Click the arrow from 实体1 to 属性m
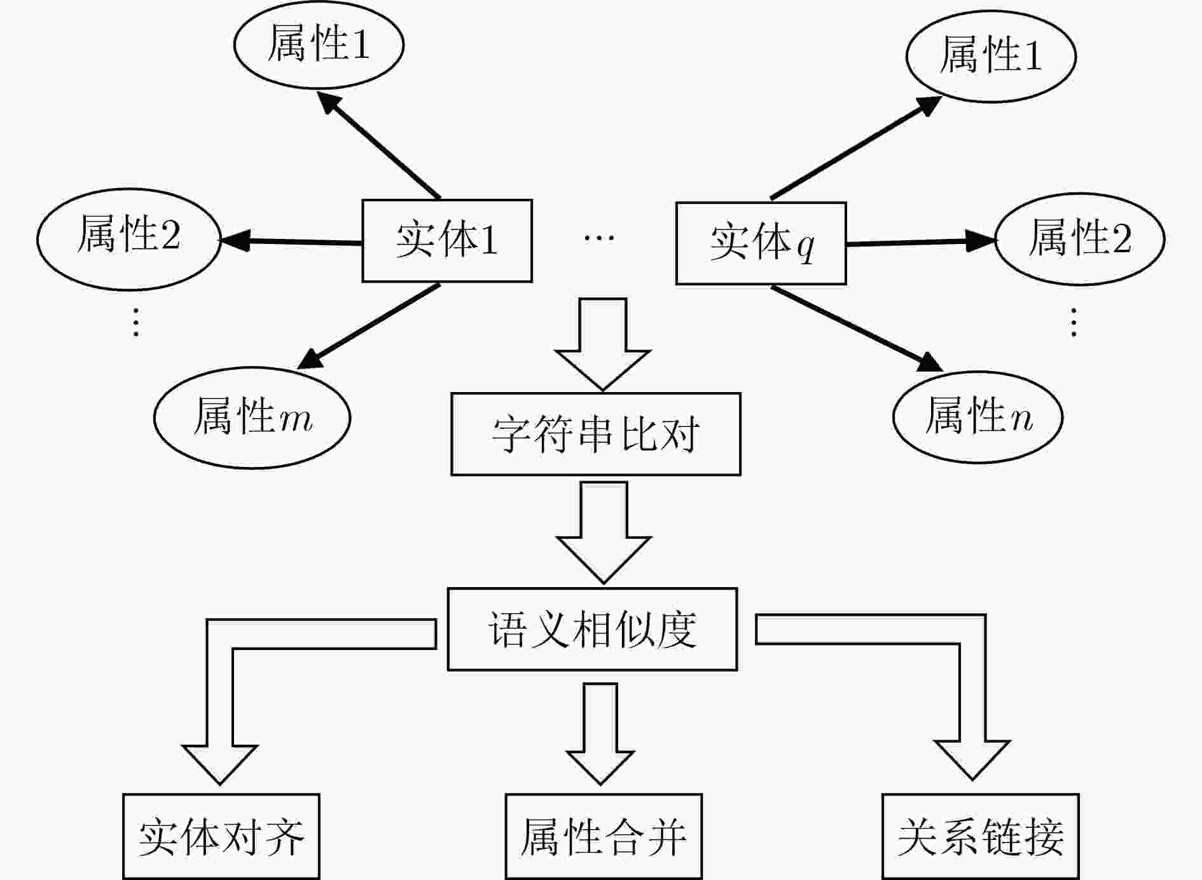pos(368,327)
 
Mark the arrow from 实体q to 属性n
pos(857,328)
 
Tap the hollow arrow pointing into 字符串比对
pos(602,344)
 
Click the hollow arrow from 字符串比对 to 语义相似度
pos(604,532)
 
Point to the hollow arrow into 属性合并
pos(600,734)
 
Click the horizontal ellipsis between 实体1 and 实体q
pos(599,238)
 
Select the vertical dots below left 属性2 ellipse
pos(135,322)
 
